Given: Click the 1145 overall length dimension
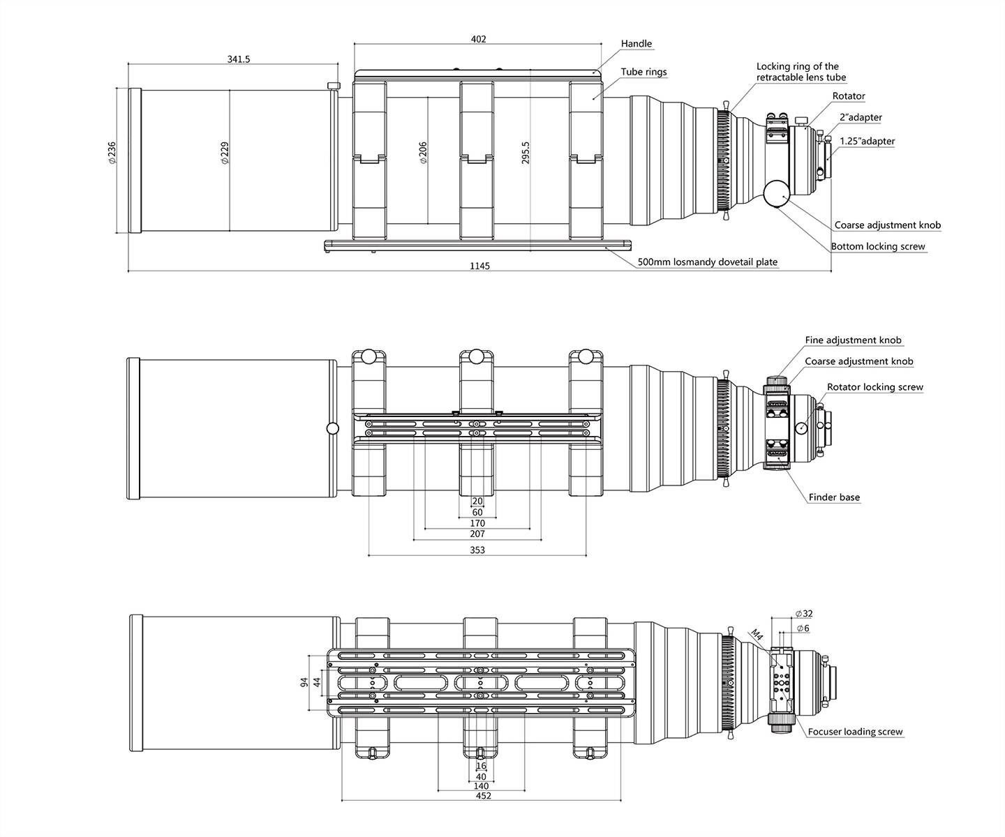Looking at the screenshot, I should [x=480, y=266].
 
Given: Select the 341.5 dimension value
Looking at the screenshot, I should [x=238, y=59].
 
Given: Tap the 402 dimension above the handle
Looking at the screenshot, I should [x=478, y=39].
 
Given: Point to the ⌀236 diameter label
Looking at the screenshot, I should [x=112, y=152].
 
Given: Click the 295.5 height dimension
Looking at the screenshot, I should [x=526, y=153].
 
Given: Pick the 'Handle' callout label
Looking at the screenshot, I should [x=636, y=44].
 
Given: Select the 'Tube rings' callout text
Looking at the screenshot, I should [x=643, y=72].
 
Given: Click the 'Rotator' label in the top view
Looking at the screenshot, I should [x=849, y=96].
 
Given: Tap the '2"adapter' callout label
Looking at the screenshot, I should [x=861, y=118].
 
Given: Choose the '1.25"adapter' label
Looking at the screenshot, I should [x=867, y=141].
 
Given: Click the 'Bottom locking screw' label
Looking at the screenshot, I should [x=878, y=246].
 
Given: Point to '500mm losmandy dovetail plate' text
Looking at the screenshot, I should [x=707, y=262].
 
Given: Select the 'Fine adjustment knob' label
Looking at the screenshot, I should [x=853, y=340].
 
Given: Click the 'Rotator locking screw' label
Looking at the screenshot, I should [x=874, y=387].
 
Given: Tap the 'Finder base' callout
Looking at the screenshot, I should [x=834, y=497].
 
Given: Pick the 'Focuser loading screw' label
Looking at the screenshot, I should [x=855, y=732].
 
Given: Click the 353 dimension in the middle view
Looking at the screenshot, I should [x=477, y=550].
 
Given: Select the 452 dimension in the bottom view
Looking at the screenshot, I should [x=483, y=796].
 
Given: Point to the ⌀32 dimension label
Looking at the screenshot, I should [x=804, y=614].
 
